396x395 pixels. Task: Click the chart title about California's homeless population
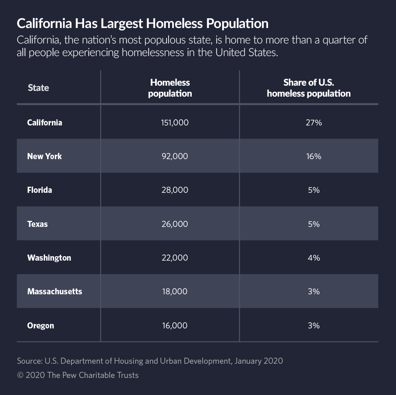[142, 24]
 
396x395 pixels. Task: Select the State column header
[38, 88]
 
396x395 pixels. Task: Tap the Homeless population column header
[170, 88]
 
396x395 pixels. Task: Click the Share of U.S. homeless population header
[309, 88]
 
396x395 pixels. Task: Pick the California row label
[45, 122]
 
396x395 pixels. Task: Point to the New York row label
[44, 156]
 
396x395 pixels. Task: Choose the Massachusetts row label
[54, 291]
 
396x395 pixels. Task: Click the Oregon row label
[41, 326]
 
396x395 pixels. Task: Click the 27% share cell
[314, 122]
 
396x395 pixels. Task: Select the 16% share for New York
[314, 156]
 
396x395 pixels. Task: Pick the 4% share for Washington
[314, 258]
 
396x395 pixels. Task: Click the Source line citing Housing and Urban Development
[149, 360]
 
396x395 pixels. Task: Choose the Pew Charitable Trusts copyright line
[78, 375]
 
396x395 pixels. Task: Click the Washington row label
[49, 258]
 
